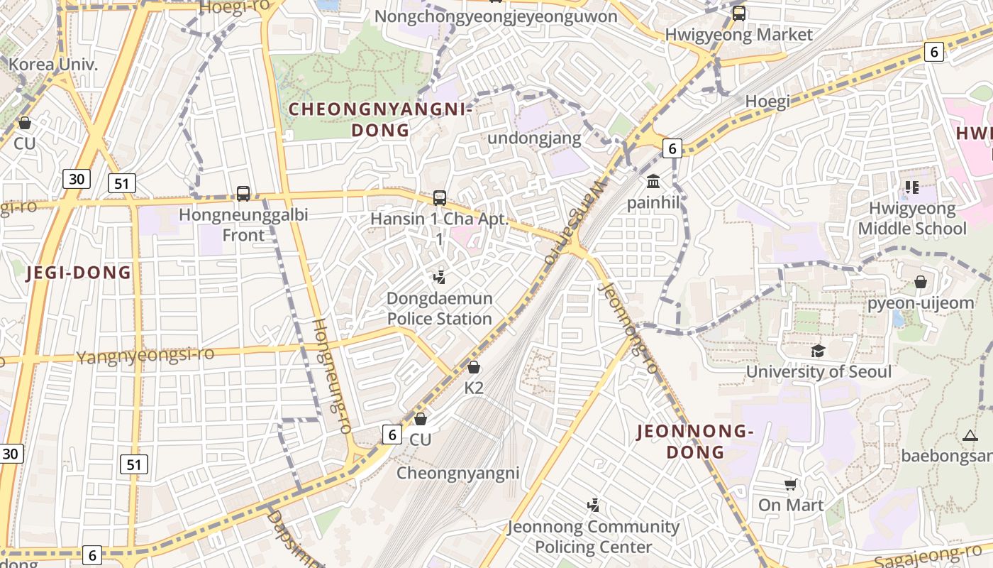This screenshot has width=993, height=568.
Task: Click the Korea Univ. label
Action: tap(53, 65)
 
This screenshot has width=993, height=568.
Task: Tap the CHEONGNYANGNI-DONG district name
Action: tap(381, 119)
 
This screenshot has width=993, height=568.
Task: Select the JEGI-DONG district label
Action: tap(79, 273)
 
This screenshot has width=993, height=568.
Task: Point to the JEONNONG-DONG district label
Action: tap(694, 441)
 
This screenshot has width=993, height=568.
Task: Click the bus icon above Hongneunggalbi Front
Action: tap(243, 193)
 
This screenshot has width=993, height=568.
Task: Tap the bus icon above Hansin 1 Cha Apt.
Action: tap(440, 198)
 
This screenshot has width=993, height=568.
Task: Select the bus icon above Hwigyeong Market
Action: tap(739, 13)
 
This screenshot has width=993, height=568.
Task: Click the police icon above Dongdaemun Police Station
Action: tap(440, 277)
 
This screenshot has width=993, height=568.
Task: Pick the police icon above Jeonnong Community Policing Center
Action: tap(593, 506)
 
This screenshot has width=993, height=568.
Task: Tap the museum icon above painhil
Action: tap(653, 182)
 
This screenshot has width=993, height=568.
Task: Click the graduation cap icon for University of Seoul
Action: tap(819, 351)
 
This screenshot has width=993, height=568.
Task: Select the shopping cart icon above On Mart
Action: tap(791, 485)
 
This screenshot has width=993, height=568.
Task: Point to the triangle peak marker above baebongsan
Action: tap(970, 435)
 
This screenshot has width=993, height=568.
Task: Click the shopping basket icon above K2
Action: tap(474, 367)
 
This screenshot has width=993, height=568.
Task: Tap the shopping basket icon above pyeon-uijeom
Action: tap(921, 282)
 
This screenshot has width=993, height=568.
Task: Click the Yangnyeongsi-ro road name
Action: tap(145, 355)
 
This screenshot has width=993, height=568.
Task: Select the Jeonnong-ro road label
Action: tap(628, 328)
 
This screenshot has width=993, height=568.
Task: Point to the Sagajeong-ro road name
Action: tap(928, 556)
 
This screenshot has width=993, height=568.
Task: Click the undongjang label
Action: tap(534, 138)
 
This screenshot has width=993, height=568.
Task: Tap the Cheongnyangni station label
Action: tap(458, 473)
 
